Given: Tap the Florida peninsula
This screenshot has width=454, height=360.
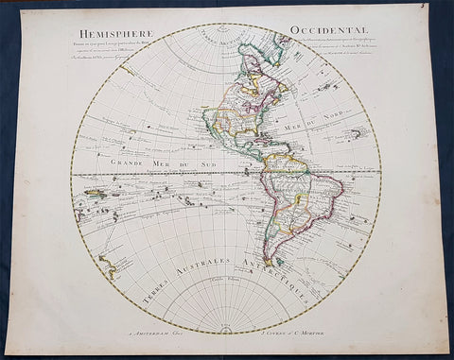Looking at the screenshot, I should click(x=253, y=132).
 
